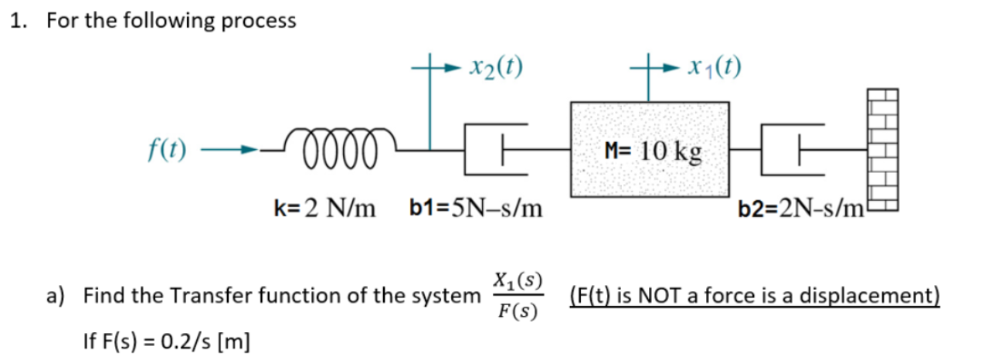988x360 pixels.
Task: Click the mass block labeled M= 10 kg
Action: [x=648, y=148]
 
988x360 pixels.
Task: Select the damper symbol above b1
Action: [x=495, y=148]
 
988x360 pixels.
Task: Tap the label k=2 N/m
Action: [x=324, y=208]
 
